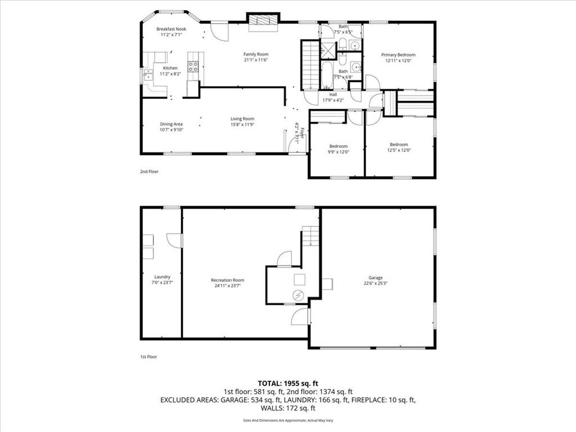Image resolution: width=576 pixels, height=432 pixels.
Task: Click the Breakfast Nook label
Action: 171,29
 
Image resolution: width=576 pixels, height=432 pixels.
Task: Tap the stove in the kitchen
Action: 193,66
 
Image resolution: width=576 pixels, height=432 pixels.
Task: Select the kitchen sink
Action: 148,75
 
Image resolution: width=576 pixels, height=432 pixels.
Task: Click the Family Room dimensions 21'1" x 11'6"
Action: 256,60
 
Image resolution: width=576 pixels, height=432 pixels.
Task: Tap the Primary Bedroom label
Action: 398,55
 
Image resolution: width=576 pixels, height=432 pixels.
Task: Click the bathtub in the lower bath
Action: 327,75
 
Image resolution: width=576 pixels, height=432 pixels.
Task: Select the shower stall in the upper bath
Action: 328,50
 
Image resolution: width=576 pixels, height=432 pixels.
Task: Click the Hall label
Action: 333,94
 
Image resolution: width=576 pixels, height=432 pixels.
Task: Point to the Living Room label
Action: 242,119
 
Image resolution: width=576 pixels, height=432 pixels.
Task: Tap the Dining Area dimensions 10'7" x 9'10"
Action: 171,130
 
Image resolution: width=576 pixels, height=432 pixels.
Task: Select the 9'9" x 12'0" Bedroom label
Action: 338,146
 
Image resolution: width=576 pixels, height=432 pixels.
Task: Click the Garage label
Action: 375,278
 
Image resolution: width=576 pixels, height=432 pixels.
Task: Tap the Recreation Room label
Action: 227,280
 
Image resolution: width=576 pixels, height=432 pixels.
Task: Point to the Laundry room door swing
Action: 174,240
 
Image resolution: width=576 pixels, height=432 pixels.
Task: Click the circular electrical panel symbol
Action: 298,295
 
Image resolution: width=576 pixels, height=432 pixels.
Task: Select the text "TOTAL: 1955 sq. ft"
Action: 288,384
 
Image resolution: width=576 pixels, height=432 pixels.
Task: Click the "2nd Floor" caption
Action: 149,172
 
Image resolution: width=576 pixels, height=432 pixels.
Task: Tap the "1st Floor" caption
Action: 148,357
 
